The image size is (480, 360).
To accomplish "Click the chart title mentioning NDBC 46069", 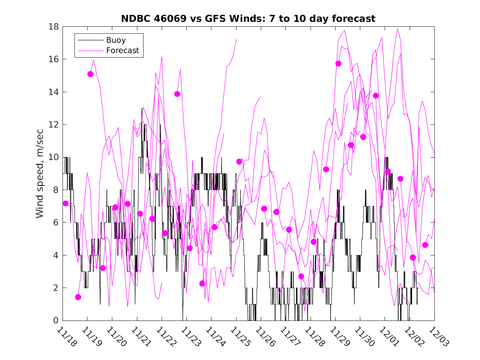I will (248, 19).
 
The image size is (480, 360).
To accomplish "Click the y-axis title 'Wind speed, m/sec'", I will (40, 173).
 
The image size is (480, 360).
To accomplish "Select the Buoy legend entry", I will (116, 40).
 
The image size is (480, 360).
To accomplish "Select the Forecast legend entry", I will (122, 51).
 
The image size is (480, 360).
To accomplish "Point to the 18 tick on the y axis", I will (53, 27).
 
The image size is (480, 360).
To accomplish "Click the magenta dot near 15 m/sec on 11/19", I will (90, 74).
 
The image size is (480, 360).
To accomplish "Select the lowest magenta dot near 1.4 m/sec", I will (78, 297).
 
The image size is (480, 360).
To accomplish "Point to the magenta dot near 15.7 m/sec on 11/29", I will (339, 63).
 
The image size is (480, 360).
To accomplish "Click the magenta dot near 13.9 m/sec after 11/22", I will (177, 94).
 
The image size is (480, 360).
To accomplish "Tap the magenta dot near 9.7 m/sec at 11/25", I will (239, 161).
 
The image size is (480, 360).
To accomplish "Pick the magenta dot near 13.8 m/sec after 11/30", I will (376, 95).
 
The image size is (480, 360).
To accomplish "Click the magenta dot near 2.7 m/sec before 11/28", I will (301, 276).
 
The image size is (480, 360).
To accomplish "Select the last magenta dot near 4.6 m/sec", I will (425, 245).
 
